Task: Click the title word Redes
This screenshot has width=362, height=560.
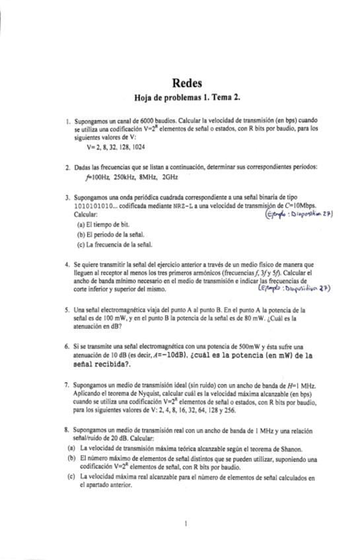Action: click(186, 83)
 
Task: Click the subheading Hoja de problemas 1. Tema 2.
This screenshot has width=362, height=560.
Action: click(187, 98)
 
